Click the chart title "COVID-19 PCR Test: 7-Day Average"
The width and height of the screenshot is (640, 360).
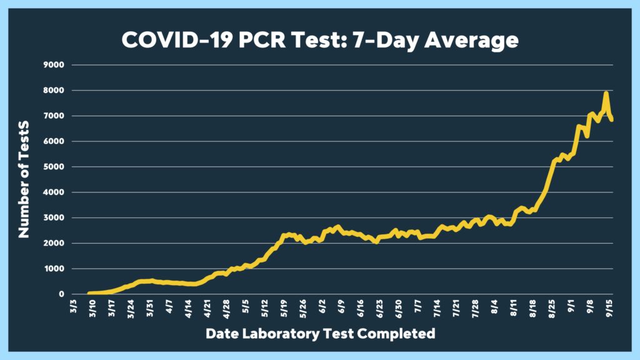(x=319, y=40)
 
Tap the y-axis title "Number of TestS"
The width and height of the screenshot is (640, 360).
(x=24, y=179)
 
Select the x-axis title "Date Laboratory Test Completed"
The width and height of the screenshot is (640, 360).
(x=320, y=334)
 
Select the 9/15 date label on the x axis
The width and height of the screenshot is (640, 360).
(x=609, y=309)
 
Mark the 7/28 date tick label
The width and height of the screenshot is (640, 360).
(x=475, y=309)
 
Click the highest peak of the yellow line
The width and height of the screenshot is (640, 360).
(x=606, y=93)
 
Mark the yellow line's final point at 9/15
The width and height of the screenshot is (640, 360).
(x=612, y=119)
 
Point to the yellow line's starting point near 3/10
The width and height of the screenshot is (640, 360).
(x=89, y=293)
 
